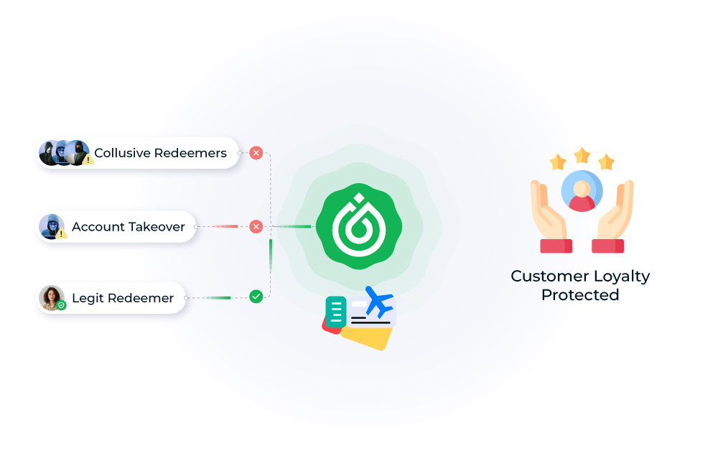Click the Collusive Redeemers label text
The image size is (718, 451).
click(x=160, y=153)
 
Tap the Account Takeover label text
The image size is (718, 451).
click(x=128, y=227)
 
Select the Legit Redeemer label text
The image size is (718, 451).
click(x=122, y=298)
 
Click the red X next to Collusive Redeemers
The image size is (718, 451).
click(x=256, y=153)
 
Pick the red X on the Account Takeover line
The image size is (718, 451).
click(x=256, y=227)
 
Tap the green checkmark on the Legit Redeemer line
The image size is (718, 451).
click(x=256, y=296)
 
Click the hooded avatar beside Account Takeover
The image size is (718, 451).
click(x=51, y=226)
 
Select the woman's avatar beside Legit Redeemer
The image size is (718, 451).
click(x=50, y=297)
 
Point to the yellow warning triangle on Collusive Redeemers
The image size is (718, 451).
click(x=88, y=160)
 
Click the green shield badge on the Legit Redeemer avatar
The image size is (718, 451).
click(x=62, y=305)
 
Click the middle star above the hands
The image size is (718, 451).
click(x=582, y=155)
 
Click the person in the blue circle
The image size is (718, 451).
click(x=582, y=191)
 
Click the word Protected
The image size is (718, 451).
click(x=580, y=295)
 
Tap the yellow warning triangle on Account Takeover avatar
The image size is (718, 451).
click(x=62, y=233)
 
